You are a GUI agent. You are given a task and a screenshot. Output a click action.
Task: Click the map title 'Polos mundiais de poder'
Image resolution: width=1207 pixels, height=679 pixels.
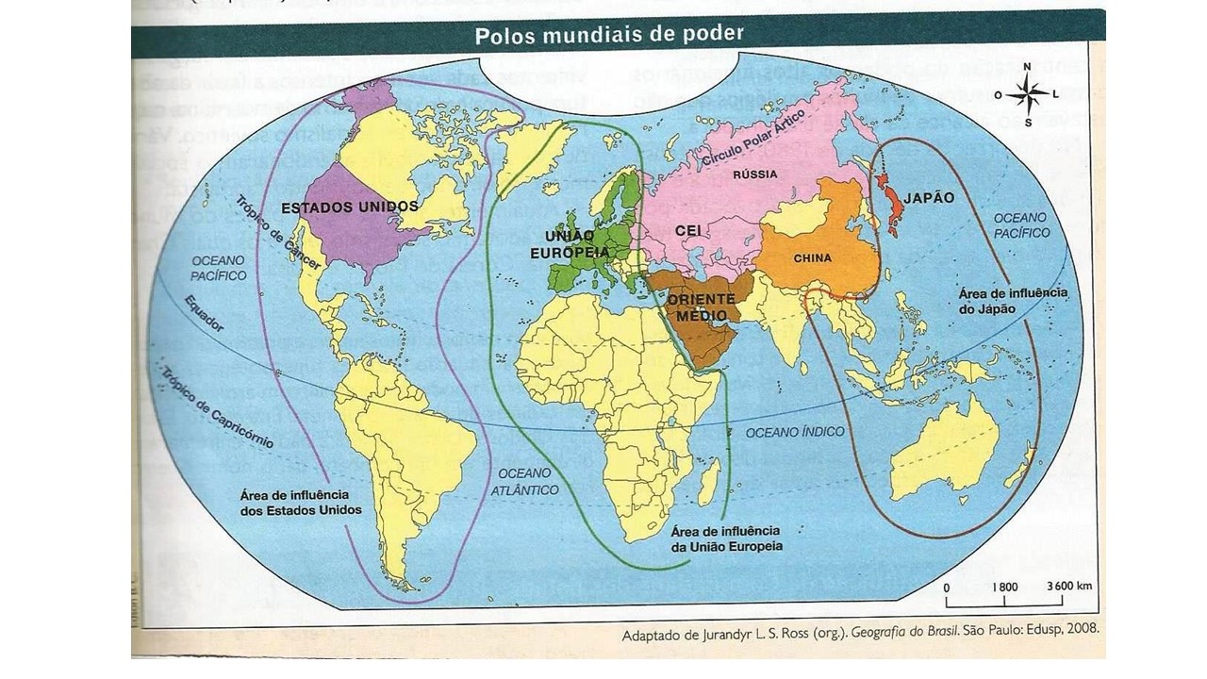609,35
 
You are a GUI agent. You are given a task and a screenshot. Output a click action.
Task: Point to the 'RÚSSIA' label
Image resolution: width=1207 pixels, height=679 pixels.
754,174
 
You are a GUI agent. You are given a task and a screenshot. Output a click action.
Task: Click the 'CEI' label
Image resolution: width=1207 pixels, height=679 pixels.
686,229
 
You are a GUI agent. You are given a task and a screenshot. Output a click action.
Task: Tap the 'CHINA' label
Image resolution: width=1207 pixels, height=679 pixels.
812,257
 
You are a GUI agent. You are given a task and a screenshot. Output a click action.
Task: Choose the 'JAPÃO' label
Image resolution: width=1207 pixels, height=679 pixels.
929,199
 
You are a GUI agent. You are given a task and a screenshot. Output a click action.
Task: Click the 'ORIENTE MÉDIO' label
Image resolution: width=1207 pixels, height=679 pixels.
701,307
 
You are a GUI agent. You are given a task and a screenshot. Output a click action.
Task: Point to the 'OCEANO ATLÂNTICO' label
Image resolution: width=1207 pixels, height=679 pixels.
524,481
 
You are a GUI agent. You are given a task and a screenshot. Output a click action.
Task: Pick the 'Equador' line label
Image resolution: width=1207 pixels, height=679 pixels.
205,312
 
